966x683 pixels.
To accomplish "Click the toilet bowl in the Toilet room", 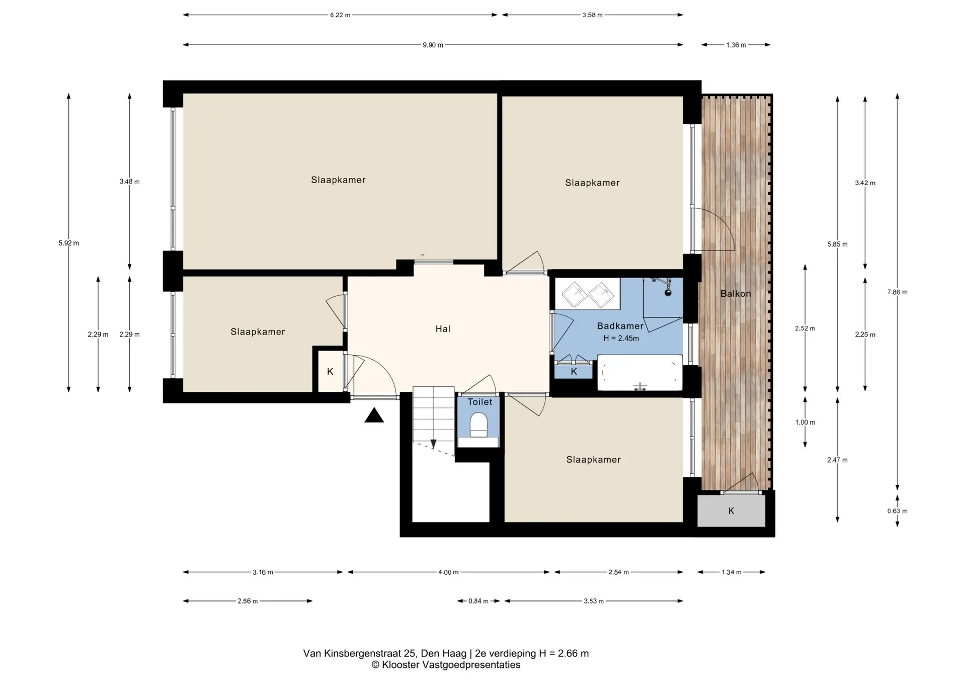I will tap(478, 425).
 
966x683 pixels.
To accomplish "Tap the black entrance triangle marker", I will tap(374, 416).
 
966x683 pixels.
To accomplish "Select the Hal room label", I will tap(443, 329).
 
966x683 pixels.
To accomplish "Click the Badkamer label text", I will tap(620, 326).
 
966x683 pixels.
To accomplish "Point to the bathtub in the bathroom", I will tap(639, 373).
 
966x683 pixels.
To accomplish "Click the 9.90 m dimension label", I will tap(433, 45).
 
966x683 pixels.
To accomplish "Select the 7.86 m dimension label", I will tap(897, 292).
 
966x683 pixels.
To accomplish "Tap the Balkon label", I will tap(735, 294).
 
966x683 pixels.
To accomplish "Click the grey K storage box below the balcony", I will tap(731, 511).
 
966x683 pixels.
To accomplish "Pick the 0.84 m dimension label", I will tap(478, 601).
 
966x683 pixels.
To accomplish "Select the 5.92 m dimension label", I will tap(68, 243).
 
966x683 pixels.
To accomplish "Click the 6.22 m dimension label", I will tap(340, 15).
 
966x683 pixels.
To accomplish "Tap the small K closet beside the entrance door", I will tap(330, 372).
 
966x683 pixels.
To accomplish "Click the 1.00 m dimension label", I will tap(805, 422).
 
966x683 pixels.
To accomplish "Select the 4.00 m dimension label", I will tap(448, 572).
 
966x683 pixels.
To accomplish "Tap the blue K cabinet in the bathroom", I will tap(574, 372).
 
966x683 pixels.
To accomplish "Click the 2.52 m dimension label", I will tap(805, 328).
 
